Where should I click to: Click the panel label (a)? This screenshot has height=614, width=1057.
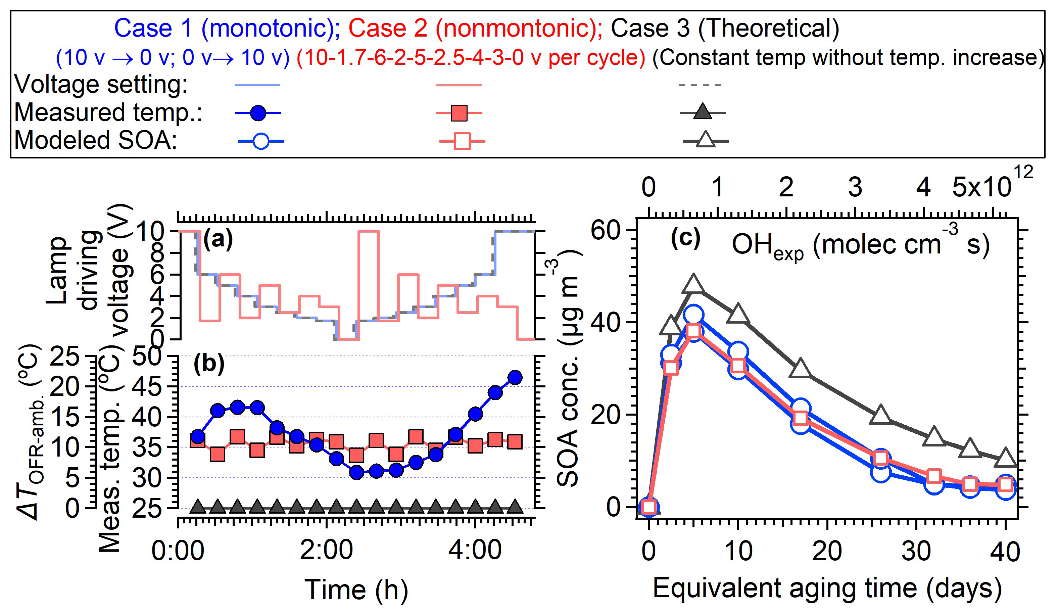(218, 240)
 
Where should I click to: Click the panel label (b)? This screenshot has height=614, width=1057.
(208, 364)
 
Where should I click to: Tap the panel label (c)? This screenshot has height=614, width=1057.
(685, 239)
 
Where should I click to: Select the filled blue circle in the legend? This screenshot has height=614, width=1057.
(258, 113)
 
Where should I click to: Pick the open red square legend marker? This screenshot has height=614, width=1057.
(462, 141)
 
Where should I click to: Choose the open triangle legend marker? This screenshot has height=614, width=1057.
(706, 140)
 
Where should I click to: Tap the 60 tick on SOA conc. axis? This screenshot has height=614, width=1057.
(605, 230)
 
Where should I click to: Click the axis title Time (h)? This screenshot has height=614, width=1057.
(356, 590)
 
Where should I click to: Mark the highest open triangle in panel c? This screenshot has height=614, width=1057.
(693, 284)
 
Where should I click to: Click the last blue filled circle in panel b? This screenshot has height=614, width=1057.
(515, 377)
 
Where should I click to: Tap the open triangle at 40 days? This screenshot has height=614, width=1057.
(1005, 459)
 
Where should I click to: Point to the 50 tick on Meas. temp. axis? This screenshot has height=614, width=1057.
(147, 357)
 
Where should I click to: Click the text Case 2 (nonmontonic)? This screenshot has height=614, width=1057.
(475, 29)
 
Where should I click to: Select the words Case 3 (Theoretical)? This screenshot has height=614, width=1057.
(725, 29)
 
